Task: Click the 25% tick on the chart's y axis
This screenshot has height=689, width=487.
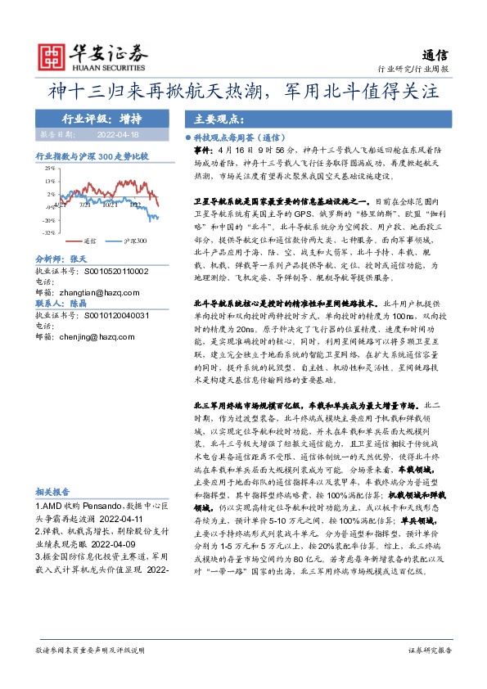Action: [x=51, y=169]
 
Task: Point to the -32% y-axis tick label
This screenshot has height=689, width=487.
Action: [x=50, y=232]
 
